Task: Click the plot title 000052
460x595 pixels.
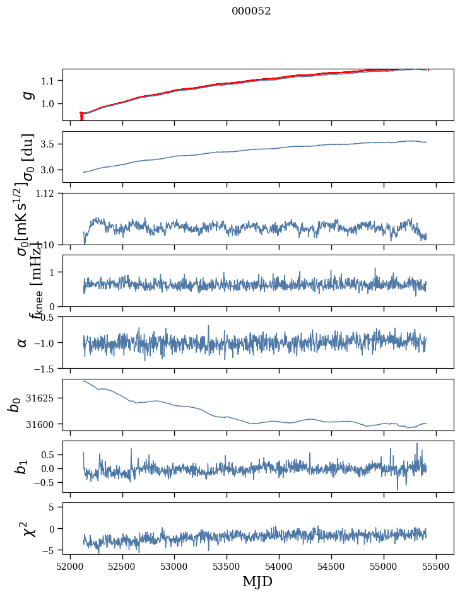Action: [251, 11]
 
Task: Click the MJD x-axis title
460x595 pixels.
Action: [257, 581]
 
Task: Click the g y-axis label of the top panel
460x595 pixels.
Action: [27, 95]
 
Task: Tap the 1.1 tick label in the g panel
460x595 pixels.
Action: [50, 81]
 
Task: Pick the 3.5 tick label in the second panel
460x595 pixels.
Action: [50, 144]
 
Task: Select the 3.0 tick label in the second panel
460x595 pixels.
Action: [50, 170]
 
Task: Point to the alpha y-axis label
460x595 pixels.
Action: [23, 342]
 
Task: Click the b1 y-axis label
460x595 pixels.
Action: [22, 466]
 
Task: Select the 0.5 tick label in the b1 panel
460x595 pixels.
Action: [50, 454]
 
